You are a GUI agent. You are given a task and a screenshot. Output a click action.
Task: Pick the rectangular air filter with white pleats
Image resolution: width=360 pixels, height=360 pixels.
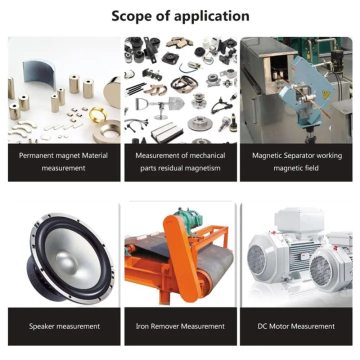click(x=164, y=132)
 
